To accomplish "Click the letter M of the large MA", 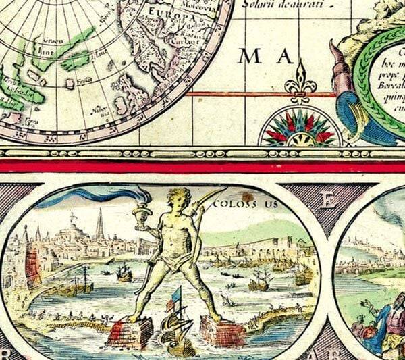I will click(250, 57).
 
